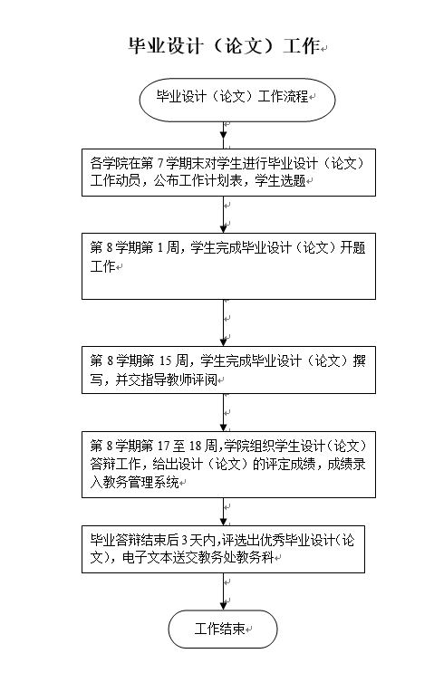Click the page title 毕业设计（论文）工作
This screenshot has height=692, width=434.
pyautogui.click(x=224, y=45)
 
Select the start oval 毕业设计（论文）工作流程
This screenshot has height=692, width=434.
pyautogui.click(x=237, y=100)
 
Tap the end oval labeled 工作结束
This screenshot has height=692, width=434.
pyautogui.click(x=223, y=629)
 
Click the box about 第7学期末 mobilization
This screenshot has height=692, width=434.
pyautogui.click(x=228, y=172)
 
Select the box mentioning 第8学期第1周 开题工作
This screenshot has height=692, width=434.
pyautogui.click(x=228, y=266)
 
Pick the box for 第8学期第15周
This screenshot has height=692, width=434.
pyautogui.click(x=228, y=370)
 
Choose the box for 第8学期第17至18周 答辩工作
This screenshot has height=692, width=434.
pyautogui.click(x=228, y=465)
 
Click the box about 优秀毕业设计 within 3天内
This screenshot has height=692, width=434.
pyautogui.click(x=223, y=549)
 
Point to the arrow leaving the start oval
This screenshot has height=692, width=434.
pyautogui.click(x=224, y=135)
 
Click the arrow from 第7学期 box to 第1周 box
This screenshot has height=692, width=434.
pyautogui.click(x=224, y=215)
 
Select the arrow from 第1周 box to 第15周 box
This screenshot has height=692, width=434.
pyautogui.click(x=224, y=323)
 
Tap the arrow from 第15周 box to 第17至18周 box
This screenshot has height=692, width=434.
pyautogui.click(x=224, y=413)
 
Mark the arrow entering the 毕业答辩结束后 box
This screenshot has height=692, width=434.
pyautogui.click(x=224, y=512)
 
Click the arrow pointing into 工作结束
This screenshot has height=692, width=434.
pyautogui.click(x=224, y=591)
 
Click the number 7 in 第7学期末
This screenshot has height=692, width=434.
pyautogui.click(x=160, y=164)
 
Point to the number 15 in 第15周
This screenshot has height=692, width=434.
pyautogui.click(x=165, y=361)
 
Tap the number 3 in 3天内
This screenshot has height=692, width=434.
pyautogui.click(x=185, y=540)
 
